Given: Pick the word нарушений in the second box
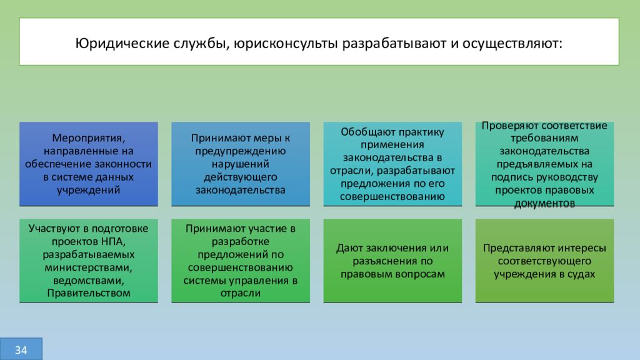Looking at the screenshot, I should [241, 164].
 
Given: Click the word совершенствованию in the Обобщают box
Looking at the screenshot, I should [392, 196].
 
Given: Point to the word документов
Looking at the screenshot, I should [544, 204].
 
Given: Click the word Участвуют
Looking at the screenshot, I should [57, 228].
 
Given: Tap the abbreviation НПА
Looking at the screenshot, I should [114, 241].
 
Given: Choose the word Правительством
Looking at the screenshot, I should [88, 293].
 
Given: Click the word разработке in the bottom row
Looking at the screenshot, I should [241, 241].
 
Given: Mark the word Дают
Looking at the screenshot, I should [348, 248].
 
